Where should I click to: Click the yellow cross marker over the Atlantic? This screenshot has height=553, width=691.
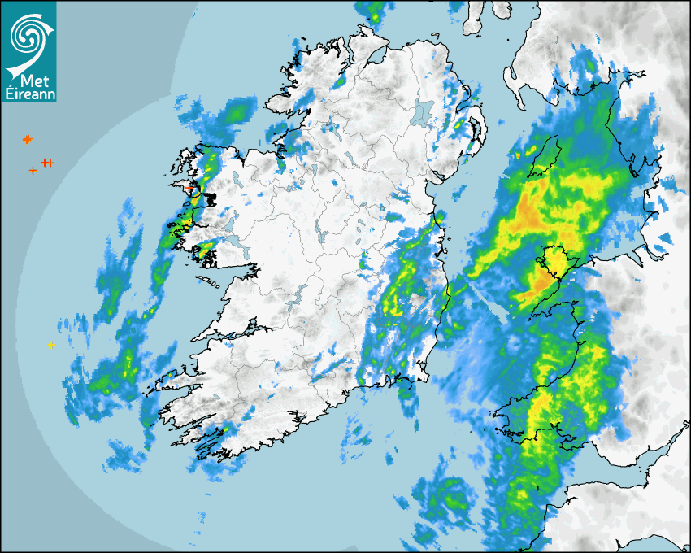point(51,346)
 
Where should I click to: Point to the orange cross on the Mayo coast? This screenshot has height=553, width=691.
point(189,187)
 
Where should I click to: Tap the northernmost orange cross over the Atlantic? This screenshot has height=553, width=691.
point(27,140)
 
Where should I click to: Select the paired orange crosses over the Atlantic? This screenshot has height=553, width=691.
point(47,163)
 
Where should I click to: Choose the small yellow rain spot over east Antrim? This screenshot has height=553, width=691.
point(460,125)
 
